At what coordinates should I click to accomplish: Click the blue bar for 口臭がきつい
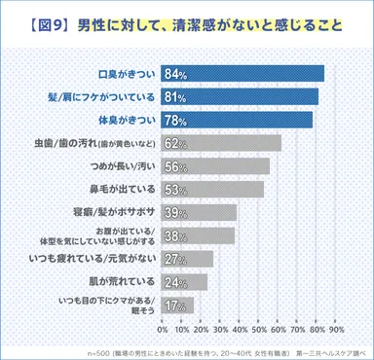(x=243, y=73)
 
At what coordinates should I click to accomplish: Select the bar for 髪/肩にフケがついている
(x=241, y=96)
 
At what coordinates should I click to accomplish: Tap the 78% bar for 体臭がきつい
(x=238, y=120)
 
